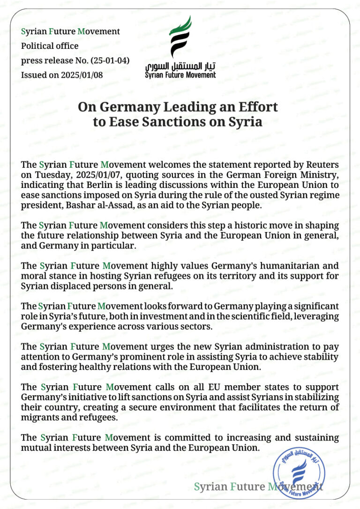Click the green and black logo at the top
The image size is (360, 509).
click(x=180, y=37)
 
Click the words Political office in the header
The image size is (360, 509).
click(x=50, y=46)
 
